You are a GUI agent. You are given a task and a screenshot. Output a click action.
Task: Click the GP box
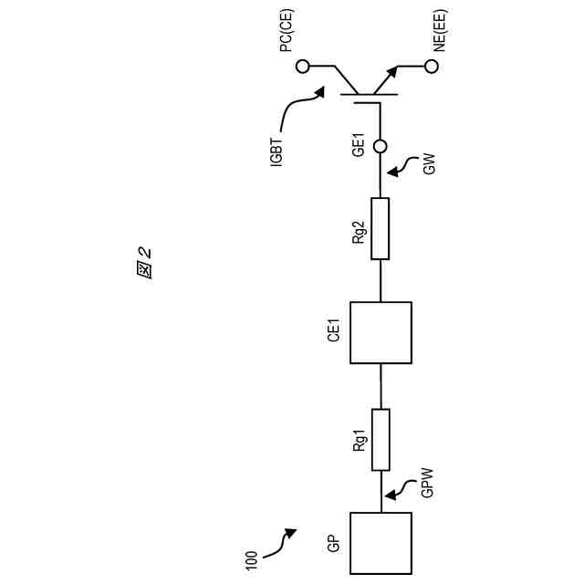tap(381, 543)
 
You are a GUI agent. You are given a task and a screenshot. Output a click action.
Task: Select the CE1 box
tap(381, 332)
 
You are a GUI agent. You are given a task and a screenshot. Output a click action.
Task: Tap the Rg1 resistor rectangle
tap(381, 440)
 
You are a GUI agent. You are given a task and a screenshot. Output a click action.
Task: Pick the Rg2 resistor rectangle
tap(381, 229)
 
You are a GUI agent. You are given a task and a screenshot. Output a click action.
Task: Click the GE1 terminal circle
tap(381, 145)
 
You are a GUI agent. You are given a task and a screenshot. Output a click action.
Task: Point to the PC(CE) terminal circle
tap(303, 66)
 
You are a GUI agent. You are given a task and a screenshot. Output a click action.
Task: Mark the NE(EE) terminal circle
tap(432, 66)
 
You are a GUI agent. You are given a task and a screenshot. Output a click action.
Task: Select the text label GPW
tap(427, 482)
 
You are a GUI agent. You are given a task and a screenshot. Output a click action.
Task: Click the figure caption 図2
tap(143, 264)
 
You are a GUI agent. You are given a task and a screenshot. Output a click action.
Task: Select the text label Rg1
tap(360, 442)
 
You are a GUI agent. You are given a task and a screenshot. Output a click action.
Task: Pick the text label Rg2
tap(360, 232)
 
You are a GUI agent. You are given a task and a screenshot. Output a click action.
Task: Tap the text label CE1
tap(334, 330)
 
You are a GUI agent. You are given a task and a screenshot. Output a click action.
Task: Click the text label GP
tap(334, 545)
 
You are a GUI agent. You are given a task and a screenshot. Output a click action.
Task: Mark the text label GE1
tap(360, 144)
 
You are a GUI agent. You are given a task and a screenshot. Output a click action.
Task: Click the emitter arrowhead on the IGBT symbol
tap(395, 71)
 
